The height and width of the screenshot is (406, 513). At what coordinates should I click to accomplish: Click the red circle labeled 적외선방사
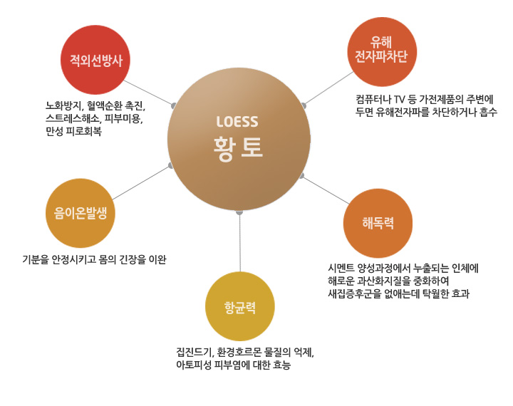[x=95, y=60]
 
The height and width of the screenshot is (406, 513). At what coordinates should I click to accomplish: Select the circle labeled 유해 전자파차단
[x=382, y=52]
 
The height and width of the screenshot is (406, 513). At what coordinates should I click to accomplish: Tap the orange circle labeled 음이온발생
[x=80, y=213]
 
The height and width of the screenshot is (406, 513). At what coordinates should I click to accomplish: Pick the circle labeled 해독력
[x=378, y=223]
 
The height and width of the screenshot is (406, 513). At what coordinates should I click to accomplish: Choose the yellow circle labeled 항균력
[x=240, y=306]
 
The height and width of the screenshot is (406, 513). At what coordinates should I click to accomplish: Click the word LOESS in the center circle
[x=237, y=122]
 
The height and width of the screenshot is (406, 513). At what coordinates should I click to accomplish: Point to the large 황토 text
[x=238, y=148]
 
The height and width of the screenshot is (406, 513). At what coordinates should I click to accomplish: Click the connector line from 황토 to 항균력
[x=240, y=242]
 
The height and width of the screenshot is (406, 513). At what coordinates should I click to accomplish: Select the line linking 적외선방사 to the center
[x=149, y=93]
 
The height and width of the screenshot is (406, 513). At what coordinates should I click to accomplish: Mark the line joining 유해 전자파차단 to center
[x=328, y=88]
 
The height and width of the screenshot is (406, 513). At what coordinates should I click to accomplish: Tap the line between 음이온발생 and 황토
[x=141, y=182]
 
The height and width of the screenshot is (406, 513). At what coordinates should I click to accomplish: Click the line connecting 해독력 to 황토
[x=326, y=190]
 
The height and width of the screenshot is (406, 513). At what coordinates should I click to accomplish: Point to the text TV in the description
[x=399, y=99]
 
